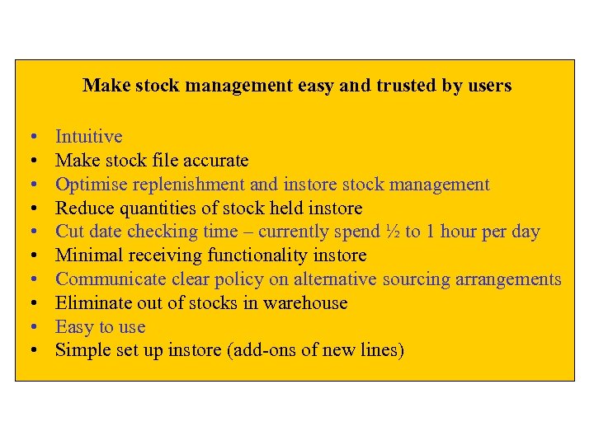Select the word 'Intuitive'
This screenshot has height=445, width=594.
88,137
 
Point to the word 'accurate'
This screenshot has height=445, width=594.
217,161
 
